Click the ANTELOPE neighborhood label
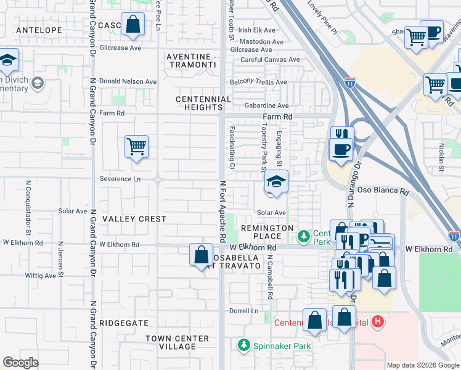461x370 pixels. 39,30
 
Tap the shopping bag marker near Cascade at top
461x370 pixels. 133,25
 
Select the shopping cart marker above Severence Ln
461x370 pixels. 136,147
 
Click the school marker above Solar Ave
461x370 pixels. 276,182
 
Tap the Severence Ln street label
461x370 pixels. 120,179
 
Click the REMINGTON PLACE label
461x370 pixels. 267,232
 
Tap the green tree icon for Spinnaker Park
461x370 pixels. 244,345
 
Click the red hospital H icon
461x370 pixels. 378,322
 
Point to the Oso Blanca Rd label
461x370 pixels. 383,191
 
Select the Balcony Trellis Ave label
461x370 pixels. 258,82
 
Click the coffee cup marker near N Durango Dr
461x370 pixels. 341,149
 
